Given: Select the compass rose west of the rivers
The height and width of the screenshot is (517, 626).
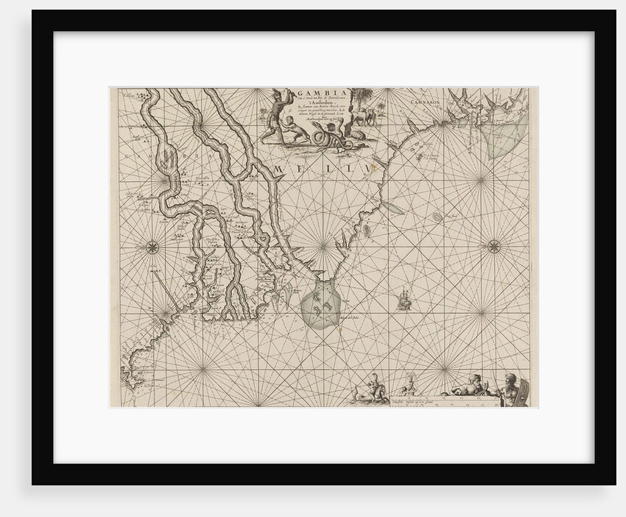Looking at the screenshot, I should (x=152, y=247).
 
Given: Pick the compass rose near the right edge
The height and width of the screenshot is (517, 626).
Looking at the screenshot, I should (x=493, y=247).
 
